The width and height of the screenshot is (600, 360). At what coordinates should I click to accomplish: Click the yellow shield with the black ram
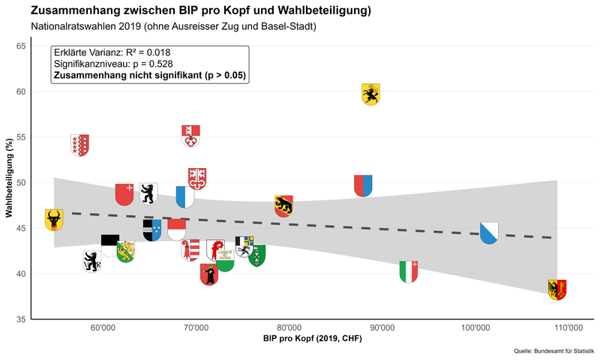pos(371,94)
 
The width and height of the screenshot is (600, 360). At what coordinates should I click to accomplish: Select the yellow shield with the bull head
pos(54,220)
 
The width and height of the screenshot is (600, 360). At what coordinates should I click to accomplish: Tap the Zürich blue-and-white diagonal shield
pos(488,232)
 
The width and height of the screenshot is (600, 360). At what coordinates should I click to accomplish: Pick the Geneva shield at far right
pos(557,289)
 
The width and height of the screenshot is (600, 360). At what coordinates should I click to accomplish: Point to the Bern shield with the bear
pos(283,206)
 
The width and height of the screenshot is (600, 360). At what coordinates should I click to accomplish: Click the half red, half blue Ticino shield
pos(363,186)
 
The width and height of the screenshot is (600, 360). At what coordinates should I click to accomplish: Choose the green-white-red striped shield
pos(409,271)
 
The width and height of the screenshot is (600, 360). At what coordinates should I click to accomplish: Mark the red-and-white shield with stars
pos(79,145)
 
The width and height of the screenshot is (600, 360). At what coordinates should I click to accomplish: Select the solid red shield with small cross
pos(124,194)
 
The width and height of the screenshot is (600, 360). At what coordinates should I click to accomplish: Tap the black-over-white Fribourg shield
pos(110,245)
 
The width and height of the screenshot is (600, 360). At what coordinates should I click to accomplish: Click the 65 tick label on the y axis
pos(20,46)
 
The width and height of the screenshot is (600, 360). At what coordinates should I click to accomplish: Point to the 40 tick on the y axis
pos(20,274)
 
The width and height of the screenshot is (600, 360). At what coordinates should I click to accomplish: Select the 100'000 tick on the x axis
pos(475,328)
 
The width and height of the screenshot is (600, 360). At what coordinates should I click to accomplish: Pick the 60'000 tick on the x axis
pos(103,328)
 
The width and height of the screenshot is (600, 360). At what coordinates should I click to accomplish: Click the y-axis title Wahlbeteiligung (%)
pos(9,182)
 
